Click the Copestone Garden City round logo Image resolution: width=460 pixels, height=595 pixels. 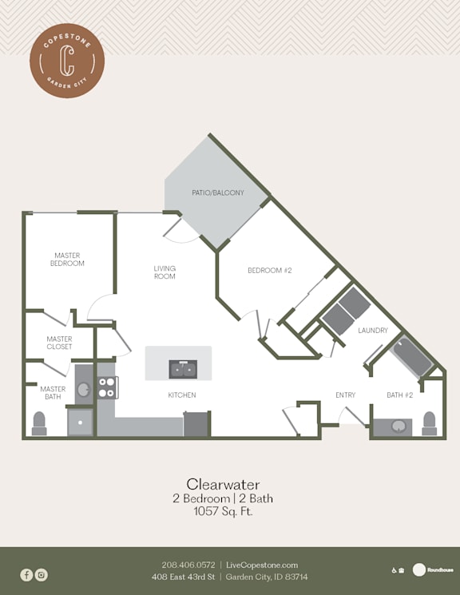pos(67,61)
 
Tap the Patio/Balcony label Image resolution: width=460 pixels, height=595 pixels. pos(218,192)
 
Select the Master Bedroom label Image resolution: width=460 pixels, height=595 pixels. pos(67,260)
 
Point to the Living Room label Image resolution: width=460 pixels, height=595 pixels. pos(165,272)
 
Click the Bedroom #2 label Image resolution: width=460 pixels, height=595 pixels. pos(270,271)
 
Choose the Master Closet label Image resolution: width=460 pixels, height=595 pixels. pos(59,343)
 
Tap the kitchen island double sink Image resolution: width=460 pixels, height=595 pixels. pos(183,369)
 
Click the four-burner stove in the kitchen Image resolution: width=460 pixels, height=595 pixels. pos(108,387)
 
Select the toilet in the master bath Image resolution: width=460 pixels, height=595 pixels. pos(39,423)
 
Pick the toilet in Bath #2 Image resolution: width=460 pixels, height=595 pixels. pos(430,423)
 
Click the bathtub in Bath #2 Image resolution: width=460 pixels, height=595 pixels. pos(412,357)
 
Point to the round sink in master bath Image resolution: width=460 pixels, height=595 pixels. pos(84,389)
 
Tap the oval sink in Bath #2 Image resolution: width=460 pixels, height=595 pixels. pos(399,426)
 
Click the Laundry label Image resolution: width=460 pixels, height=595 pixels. pos(373,331)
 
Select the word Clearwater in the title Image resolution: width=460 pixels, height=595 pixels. pos(223,484)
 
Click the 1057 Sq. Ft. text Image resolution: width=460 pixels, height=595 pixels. pos(223,511)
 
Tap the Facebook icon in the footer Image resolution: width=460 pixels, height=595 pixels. pos(26,575)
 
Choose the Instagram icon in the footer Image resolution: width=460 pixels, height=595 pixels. pos(42,575)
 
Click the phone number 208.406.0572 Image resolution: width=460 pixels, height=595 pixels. pos(188,565)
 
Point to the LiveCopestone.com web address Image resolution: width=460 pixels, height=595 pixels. pos(262,565)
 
